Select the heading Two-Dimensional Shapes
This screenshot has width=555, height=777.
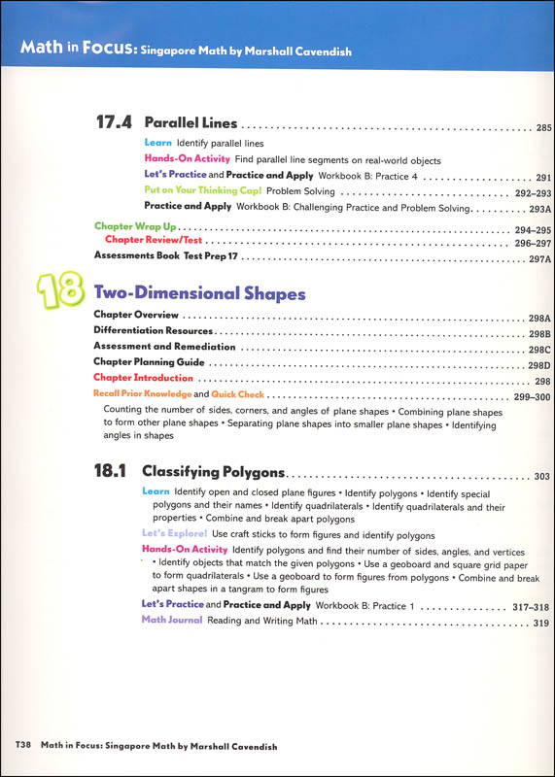tap(199, 293)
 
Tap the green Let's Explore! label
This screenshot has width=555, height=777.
tap(174, 534)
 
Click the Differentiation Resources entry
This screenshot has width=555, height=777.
tap(156, 332)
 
